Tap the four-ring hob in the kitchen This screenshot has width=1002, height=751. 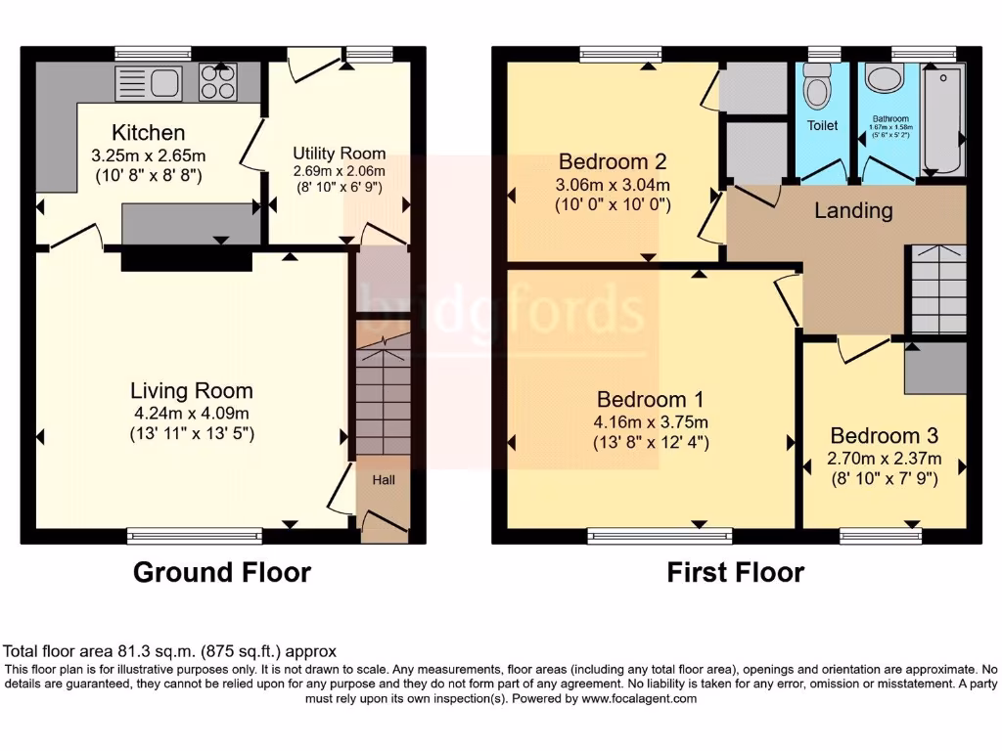coord(217,82)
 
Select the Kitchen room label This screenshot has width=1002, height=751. coord(148,133)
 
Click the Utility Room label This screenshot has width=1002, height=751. coord(339,154)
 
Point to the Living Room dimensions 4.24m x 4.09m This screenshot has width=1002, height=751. coord(192,413)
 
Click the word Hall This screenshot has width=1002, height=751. coord(383,480)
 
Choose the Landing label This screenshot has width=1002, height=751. coord(853,210)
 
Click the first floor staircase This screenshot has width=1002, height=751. coord(938,287)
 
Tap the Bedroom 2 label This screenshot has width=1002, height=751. coord(612,161)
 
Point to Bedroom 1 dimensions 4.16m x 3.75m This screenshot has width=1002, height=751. coord(651,421)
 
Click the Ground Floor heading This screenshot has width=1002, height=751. coord(222,572)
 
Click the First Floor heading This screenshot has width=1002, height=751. coord(735,572)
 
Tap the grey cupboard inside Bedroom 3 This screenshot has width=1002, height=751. coord(934,369)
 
